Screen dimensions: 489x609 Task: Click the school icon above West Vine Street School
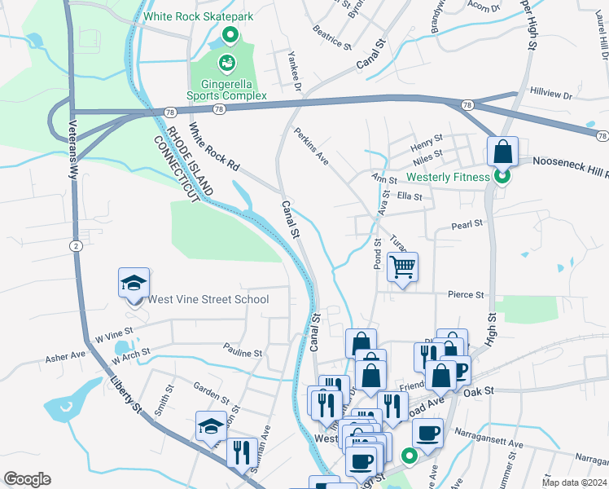tap(134, 283)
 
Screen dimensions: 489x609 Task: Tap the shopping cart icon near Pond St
tap(403, 267)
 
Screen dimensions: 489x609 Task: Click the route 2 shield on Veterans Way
tap(74, 245)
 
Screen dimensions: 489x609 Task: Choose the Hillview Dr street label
tap(550, 95)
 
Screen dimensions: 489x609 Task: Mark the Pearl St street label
tap(467, 222)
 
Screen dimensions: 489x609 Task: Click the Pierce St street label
tap(465, 294)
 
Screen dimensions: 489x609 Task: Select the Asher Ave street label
tap(65, 356)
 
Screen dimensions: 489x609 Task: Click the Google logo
tap(27, 478)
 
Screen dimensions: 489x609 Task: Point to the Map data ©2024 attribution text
tap(573, 482)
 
